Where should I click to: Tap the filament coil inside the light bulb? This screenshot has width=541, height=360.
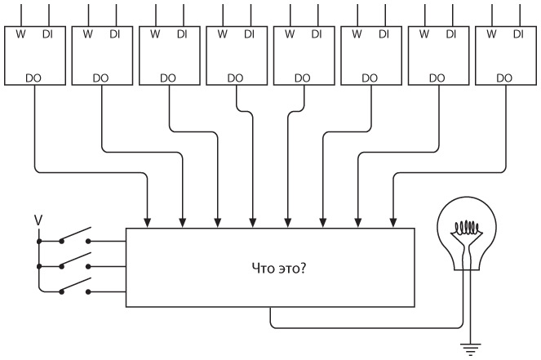468,228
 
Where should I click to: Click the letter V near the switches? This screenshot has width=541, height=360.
36,220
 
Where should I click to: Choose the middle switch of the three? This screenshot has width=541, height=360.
75,263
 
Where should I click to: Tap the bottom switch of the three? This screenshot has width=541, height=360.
75,288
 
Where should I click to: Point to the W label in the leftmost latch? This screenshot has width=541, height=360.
20,34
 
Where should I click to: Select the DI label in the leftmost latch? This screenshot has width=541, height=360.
47,34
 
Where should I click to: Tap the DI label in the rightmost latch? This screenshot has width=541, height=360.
517,34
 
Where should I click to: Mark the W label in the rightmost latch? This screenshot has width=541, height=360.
490,34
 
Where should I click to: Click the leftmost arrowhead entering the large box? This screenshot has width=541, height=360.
148,221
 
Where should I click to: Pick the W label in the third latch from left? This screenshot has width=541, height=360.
154,34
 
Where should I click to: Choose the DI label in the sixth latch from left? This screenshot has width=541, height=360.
383,34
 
